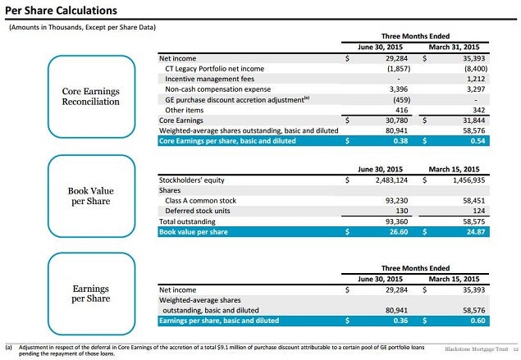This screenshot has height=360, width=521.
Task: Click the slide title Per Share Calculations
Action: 61,11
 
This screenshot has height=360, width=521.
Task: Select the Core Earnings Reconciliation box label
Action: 91,96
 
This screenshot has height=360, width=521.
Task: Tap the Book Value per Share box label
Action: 91,196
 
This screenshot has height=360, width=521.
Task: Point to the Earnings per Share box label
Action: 91,294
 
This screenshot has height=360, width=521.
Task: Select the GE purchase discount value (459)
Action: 401,99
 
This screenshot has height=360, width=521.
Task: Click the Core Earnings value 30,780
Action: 396,121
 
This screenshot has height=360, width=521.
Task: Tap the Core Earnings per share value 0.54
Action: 478,141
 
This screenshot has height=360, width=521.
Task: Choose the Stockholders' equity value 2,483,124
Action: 391,180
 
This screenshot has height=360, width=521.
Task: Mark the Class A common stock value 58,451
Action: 473,201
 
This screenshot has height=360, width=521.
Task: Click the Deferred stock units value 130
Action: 402,211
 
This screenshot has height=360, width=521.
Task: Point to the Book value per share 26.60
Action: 399,232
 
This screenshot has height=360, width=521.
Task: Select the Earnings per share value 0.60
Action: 478,321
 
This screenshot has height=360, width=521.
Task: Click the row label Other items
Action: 184,110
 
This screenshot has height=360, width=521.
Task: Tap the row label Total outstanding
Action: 187,221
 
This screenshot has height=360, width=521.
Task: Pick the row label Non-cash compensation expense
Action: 218,89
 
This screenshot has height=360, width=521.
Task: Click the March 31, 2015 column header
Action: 454,48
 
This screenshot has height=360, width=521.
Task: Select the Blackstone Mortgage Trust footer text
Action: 477,349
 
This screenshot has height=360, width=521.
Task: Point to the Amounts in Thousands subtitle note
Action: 82,27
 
